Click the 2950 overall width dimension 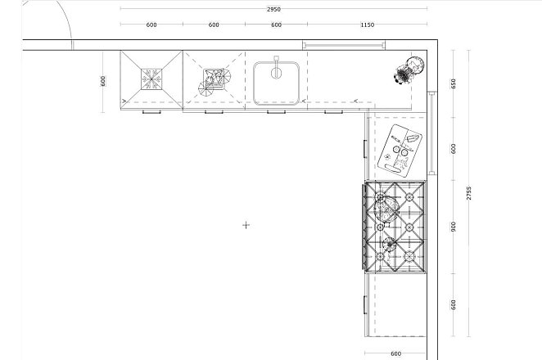273,9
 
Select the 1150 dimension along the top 367,25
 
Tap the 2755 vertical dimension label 468,193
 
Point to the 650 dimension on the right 454,83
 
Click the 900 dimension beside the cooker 454,227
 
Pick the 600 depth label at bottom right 395,353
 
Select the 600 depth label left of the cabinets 102,81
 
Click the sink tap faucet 276,67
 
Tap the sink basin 276,83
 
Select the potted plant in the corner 409,70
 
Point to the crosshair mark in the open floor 246,225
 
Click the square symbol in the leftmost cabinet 151,79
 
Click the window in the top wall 344,45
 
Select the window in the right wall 432,133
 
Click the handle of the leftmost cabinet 151,111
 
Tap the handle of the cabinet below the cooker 365,305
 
